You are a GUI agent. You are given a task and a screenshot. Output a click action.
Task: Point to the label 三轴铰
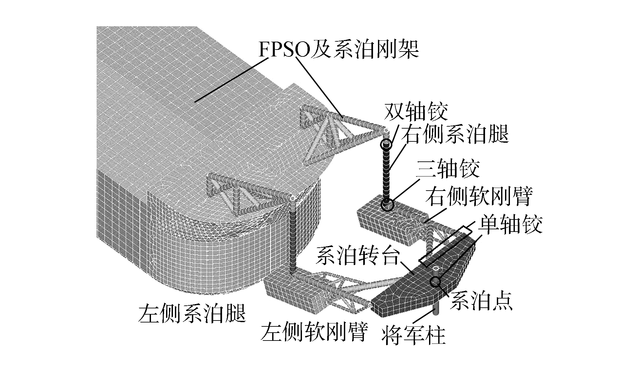click(x=448, y=169)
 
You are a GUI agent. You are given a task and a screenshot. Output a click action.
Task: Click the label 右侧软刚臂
click(x=479, y=196)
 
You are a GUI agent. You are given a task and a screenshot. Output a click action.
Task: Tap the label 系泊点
click(x=481, y=301)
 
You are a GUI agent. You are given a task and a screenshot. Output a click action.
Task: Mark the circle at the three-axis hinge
click(x=387, y=205)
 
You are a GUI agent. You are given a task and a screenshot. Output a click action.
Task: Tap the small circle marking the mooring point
click(x=436, y=281)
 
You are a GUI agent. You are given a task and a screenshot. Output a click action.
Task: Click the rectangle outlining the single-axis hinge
click(x=446, y=246)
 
